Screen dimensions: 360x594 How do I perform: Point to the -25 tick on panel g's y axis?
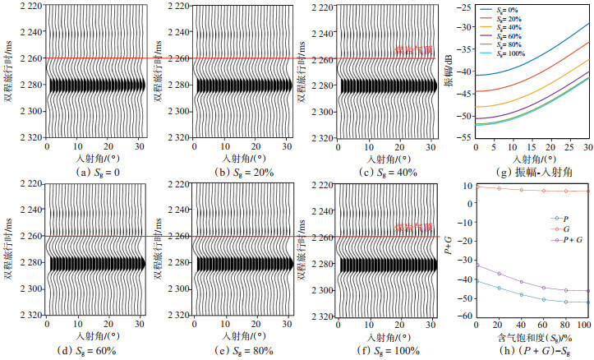tap(466, 7)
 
